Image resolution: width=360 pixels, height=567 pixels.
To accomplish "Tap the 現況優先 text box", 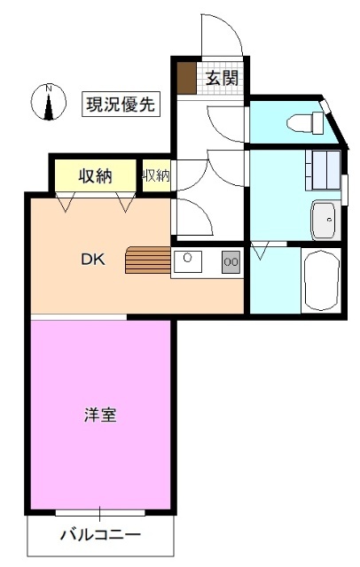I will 121,104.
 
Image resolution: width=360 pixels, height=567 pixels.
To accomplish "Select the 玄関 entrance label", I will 222,78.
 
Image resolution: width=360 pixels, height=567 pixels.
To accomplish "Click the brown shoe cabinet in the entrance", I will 186,78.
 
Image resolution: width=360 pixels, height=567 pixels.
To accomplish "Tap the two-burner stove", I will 230,260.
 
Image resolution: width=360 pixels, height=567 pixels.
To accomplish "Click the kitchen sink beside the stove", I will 188,260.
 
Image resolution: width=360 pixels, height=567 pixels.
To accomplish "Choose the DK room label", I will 93,260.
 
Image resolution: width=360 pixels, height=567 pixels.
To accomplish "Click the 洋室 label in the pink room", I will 99,414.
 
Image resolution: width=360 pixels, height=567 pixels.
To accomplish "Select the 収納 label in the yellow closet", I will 94,175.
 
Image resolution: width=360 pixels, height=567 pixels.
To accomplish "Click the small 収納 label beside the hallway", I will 156,175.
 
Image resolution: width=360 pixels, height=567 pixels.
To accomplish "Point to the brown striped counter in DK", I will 146,261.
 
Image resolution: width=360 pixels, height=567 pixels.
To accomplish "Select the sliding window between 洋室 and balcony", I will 99,513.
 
